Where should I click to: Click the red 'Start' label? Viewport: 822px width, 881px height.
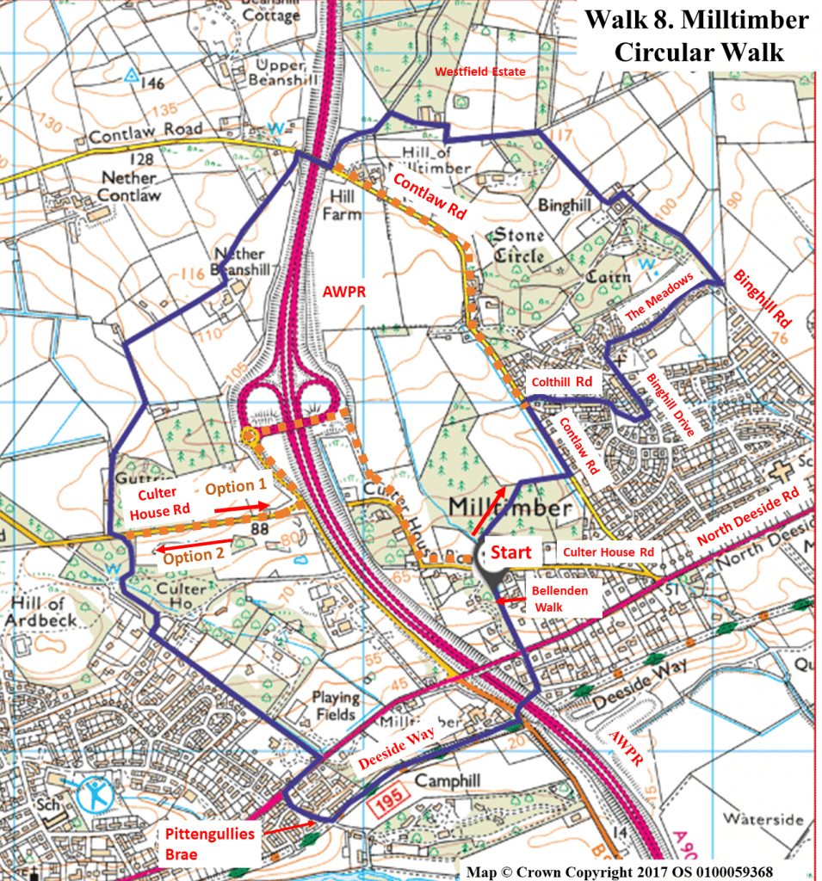[512, 551]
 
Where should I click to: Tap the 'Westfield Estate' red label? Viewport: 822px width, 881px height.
[479, 71]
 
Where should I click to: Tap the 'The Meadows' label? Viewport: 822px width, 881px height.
[658, 300]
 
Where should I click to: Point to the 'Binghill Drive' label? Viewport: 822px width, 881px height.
[668, 407]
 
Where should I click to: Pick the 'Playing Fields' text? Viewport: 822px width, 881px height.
[335, 705]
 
